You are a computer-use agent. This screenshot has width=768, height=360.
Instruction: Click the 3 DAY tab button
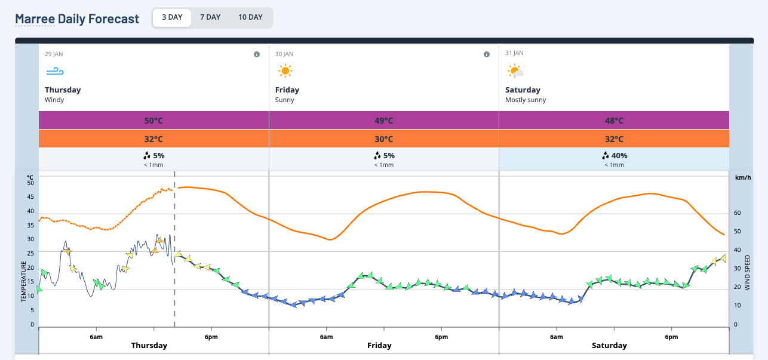pos(172,17)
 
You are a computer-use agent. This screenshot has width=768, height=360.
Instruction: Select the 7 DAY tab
pos(210,17)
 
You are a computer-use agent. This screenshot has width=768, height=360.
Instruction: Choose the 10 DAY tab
pos(250,17)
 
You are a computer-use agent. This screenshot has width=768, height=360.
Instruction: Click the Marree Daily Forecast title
pos(77,19)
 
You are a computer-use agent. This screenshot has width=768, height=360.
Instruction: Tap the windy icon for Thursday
pos(54,72)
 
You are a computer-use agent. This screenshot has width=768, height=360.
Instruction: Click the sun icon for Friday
pos(285,72)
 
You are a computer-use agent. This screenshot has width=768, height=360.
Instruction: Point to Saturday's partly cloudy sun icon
pos(515,72)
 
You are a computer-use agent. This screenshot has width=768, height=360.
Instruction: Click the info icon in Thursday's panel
pos(257,54)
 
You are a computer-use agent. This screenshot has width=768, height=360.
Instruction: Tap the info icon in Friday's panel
pos(487,54)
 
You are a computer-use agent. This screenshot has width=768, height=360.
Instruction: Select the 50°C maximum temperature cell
pos(153,121)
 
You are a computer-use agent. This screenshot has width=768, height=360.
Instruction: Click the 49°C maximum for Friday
pos(383,121)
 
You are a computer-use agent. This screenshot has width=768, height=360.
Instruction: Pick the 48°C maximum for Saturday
pos(614,121)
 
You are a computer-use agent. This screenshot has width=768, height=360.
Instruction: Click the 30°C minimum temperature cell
pos(383,139)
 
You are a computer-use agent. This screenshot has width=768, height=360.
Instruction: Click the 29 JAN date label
pos(54,54)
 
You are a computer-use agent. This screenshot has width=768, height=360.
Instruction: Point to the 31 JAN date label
pos(514,53)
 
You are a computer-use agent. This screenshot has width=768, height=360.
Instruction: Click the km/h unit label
pos(742,178)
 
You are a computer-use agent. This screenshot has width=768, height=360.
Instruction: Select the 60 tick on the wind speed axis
pos(737,213)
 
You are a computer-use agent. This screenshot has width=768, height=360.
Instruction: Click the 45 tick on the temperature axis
pos(31,197)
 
